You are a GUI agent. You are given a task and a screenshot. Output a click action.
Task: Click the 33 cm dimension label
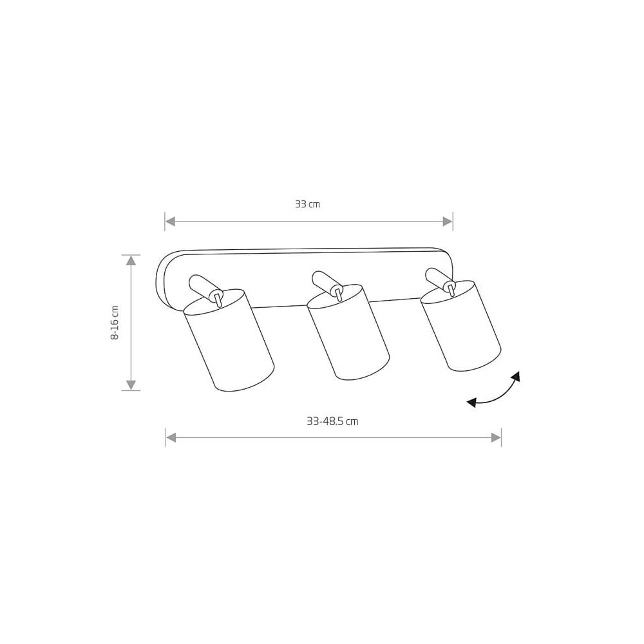307,204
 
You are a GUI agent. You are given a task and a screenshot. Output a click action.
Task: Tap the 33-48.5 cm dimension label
332,421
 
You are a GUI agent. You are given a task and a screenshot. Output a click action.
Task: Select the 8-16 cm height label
115,323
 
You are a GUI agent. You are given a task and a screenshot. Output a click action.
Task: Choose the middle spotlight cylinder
348,332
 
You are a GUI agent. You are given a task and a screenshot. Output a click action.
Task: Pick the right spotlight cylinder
461,326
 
